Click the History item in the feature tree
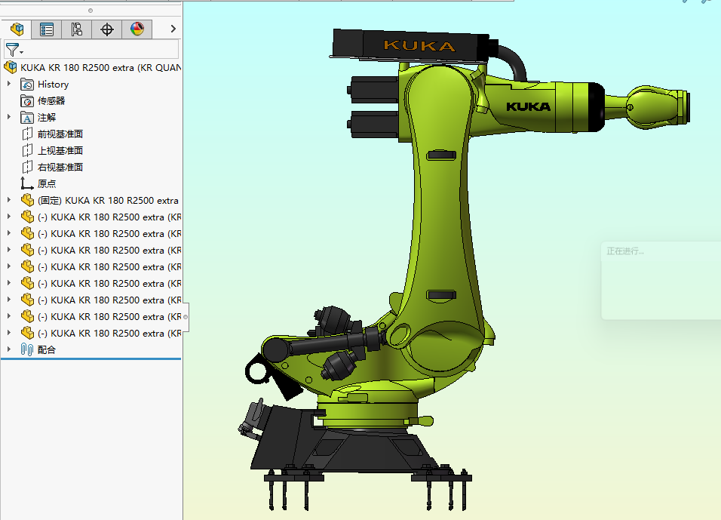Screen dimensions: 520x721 tap(53, 85)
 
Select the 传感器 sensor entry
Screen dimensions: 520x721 tap(51, 101)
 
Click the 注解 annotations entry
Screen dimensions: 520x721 tap(47, 118)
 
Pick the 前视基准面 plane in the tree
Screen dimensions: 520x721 tap(60, 134)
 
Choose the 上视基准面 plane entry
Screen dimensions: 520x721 tap(60, 151)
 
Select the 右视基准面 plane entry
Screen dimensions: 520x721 tap(60, 168)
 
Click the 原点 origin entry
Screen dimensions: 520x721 tap(47, 184)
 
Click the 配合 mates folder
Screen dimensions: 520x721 tap(47, 350)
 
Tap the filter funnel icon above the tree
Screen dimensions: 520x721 tap(13, 50)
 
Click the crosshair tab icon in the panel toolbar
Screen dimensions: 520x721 tap(107, 29)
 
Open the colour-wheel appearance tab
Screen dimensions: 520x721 tap(137, 29)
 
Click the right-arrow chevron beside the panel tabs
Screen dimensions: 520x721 tap(173, 29)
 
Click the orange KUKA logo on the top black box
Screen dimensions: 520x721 tap(419, 46)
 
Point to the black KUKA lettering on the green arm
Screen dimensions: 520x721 tap(528, 106)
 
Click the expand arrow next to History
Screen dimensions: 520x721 tap(9, 85)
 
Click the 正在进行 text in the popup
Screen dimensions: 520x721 tap(626, 251)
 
